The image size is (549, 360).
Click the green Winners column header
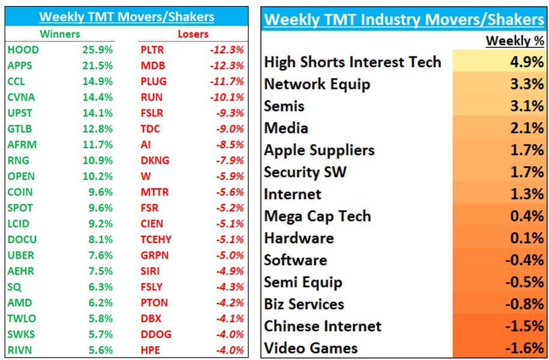point(59,34)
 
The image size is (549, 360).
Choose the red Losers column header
point(193,34)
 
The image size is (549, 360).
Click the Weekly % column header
point(514,41)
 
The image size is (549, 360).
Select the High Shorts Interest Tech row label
point(352,62)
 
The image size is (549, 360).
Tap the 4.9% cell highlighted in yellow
point(527,62)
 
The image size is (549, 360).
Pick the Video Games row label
point(311,348)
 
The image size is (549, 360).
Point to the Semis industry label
point(284,106)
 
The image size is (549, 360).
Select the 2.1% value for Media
point(527,128)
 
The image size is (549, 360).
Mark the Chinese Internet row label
point(323,326)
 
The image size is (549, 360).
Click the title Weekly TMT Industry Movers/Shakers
point(404,19)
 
